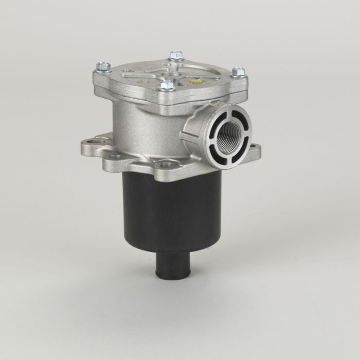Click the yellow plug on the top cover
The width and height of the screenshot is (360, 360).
[196, 81]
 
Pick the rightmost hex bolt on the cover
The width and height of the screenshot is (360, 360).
[237, 72]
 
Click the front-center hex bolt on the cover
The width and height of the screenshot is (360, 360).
[166, 85]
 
